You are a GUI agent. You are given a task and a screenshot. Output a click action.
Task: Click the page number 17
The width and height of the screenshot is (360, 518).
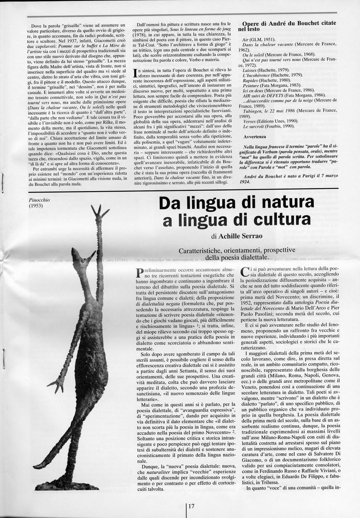point(191,506)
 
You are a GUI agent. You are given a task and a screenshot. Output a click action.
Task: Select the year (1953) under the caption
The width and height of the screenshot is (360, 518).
point(36,205)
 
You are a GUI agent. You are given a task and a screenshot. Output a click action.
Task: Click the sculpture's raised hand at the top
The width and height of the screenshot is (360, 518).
point(100,211)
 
